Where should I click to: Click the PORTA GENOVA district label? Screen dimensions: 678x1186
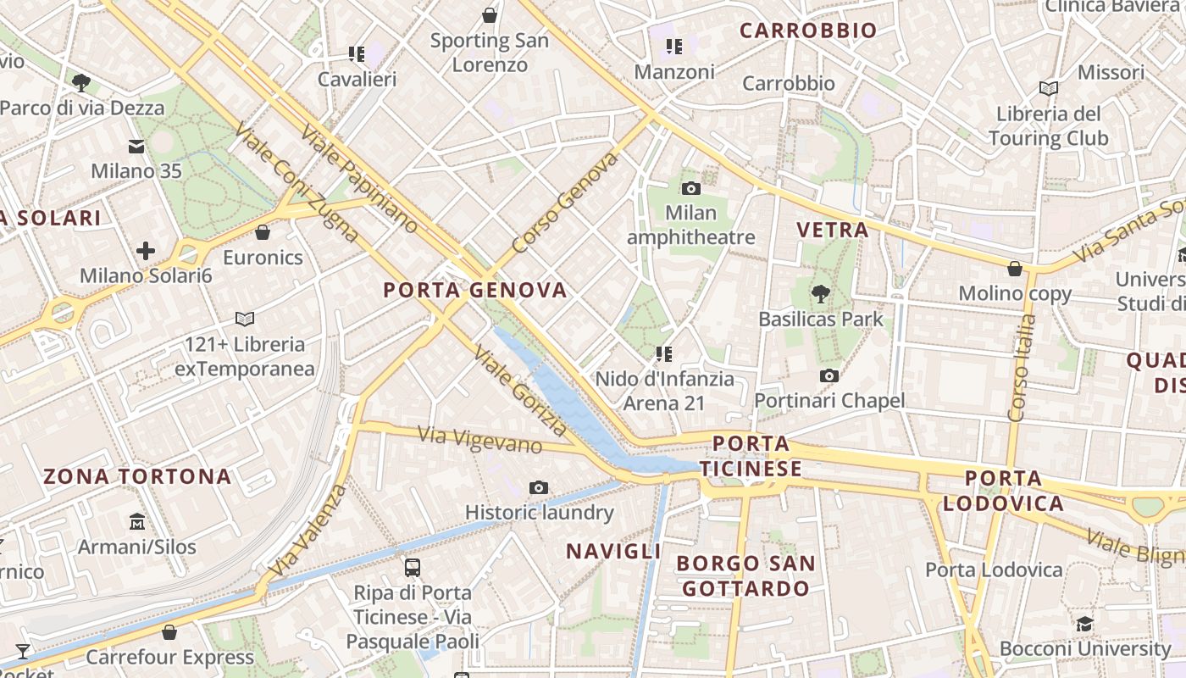click(x=474, y=290)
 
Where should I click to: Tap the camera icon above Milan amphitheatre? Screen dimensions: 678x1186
click(x=691, y=188)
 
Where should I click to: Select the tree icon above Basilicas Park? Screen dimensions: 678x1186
click(x=820, y=294)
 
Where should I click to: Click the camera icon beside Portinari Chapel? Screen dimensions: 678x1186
click(x=829, y=375)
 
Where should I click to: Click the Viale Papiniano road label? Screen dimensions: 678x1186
click(x=358, y=178)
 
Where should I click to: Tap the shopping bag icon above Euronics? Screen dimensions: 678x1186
click(x=263, y=232)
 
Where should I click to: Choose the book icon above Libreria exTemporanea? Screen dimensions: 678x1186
click(x=245, y=320)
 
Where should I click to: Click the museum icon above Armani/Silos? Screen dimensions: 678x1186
click(x=137, y=521)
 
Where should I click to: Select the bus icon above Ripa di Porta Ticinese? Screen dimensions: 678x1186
click(x=413, y=567)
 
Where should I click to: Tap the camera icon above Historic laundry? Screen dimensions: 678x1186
click(x=539, y=487)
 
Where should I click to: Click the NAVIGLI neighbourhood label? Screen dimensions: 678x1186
click(x=613, y=552)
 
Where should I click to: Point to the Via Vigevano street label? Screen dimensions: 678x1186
click(x=480, y=439)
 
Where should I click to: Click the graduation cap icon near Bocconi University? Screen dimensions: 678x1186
click(x=1084, y=625)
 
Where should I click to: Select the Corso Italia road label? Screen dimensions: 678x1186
click(x=1023, y=368)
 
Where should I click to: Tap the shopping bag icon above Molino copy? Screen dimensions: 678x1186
click(x=1015, y=269)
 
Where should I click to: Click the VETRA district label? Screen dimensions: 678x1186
click(x=833, y=230)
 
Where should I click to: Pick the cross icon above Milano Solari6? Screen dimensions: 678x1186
click(x=146, y=251)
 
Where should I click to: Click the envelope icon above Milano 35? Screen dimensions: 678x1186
click(x=136, y=146)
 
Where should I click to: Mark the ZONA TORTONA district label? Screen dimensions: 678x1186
click(x=137, y=476)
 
